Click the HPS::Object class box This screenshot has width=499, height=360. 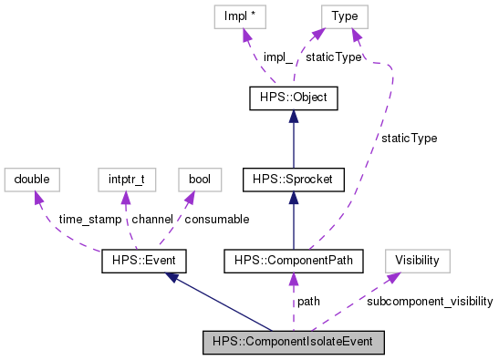[288, 97]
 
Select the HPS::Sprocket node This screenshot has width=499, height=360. [288, 180]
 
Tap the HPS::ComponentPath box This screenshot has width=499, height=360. [293, 262]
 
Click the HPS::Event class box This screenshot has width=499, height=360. [144, 262]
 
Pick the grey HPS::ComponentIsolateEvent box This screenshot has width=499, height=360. [293, 343]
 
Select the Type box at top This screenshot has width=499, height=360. [344, 15]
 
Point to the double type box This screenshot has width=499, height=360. [32, 180]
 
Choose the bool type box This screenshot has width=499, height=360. [199, 180]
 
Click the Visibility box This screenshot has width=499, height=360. [417, 262]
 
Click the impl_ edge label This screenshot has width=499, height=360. [277, 57]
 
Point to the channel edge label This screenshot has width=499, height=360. [154, 220]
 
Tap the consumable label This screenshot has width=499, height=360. [216, 220]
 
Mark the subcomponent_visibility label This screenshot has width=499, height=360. [430, 301]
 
